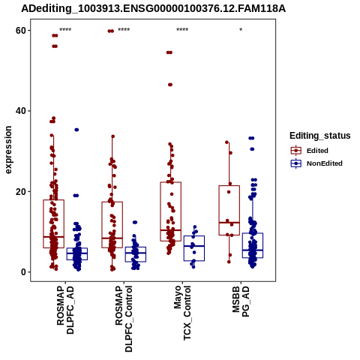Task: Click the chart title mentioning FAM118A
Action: pos(153,8)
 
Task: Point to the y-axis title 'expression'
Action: pos(8,150)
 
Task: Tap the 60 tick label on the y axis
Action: pos(21,31)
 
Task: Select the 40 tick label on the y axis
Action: pos(21,111)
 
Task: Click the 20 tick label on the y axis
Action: pos(21,192)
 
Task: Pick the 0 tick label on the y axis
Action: pos(23,272)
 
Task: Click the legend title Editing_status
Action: pos(320,136)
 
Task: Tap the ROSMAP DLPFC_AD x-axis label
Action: pos(65,310)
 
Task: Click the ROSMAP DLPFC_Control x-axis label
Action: pos(124,319)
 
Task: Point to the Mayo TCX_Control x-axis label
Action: pos(182,313)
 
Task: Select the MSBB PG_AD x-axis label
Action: pos(241,301)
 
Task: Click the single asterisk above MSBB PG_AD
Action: pos(241,30)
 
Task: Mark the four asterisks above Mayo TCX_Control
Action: pos(182,30)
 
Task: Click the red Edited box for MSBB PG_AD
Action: pos(229,210)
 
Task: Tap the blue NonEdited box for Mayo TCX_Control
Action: pos(194,248)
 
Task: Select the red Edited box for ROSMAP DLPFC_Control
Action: pos(112,225)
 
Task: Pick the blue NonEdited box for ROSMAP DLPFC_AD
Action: pos(77,253)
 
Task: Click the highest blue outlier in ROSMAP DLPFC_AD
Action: pos(76,130)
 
